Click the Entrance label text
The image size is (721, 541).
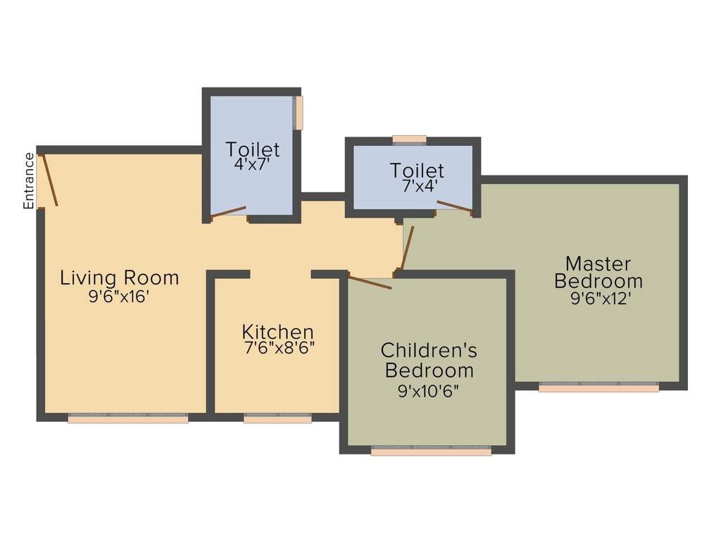tap(29, 181)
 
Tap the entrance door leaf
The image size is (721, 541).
tap(50, 180)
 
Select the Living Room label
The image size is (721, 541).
tap(119, 278)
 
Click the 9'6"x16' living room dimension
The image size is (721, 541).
tap(119, 296)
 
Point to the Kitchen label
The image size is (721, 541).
tap(277, 331)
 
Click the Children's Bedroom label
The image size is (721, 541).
tap(429, 359)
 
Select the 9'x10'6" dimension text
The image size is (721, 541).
tap(429, 390)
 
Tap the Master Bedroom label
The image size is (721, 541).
tap(598, 272)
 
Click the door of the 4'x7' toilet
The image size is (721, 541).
tap(229, 211)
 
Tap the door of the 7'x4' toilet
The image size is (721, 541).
tap(454, 206)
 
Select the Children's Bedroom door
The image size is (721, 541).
tap(370, 282)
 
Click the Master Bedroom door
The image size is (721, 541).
tap(407, 248)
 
